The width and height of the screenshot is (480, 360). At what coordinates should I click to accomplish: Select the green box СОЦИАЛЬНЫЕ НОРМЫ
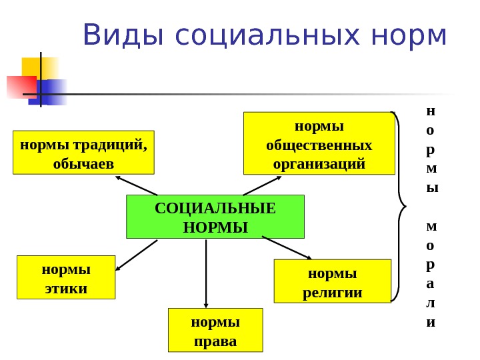[x=215, y=217]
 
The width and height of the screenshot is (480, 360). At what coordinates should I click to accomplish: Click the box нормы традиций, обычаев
[x=83, y=153]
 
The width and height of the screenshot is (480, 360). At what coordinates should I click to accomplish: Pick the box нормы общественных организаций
[x=319, y=143]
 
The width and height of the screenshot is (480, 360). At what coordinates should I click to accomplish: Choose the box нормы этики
[x=66, y=277]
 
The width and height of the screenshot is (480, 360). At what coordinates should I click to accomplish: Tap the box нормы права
[x=215, y=330]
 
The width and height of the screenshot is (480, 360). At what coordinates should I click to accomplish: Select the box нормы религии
[x=332, y=281]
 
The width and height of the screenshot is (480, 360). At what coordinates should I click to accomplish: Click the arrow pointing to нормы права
[x=207, y=273]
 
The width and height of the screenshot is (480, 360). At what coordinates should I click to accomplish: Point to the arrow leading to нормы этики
[x=137, y=255]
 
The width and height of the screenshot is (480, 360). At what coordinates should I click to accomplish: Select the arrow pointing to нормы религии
[x=287, y=247]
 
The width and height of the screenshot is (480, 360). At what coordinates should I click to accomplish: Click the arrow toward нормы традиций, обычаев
[x=137, y=185]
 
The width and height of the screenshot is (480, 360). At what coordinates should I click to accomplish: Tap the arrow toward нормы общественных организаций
[x=262, y=185]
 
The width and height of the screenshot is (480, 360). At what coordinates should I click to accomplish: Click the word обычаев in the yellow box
[x=83, y=163]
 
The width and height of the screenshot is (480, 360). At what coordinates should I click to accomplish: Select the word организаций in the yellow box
[x=319, y=163]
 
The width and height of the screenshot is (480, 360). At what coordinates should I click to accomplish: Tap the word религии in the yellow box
[x=333, y=292]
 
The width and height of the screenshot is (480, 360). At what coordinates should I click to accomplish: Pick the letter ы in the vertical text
[x=432, y=187]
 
